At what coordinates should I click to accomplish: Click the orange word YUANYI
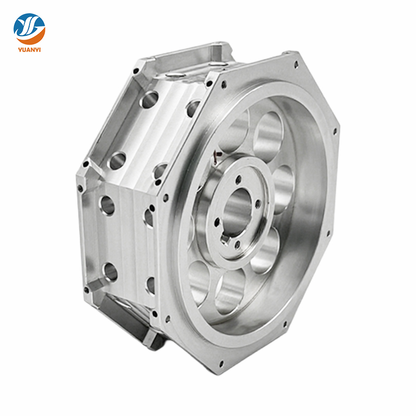29,51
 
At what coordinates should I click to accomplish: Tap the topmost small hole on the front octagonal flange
296,66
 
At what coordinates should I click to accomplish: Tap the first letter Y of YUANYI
18,51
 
